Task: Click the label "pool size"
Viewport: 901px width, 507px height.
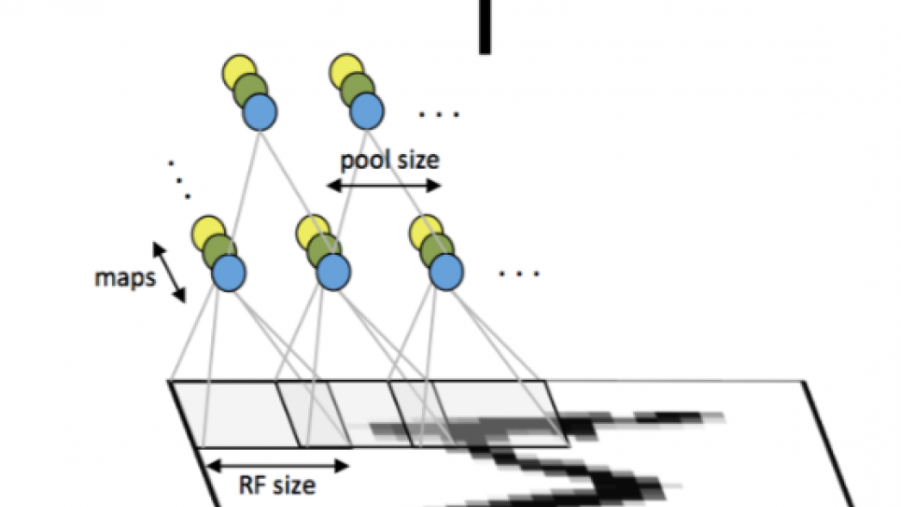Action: point(388,159)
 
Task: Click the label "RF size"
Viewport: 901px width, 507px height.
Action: point(277,485)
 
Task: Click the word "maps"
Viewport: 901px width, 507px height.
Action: point(124,278)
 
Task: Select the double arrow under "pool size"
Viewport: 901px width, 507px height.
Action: point(383,186)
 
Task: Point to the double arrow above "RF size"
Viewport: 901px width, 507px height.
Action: point(277,463)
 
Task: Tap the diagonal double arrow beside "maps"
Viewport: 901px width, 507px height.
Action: point(169,272)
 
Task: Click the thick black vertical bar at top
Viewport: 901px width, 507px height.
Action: point(485,25)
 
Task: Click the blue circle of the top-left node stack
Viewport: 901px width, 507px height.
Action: point(260,113)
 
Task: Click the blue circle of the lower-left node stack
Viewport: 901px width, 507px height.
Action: point(228,273)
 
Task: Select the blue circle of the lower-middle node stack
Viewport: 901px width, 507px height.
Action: point(333,273)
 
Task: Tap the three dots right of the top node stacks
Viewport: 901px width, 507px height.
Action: point(439,115)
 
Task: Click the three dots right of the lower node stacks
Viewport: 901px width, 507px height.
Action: point(519,275)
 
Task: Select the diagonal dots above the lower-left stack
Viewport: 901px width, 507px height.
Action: point(179,179)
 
